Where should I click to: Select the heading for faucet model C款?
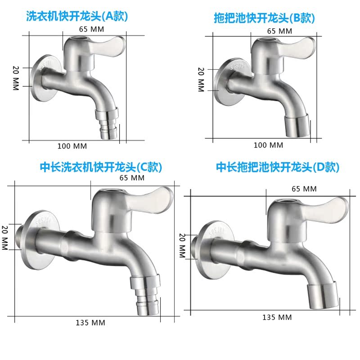[x=101, y=167]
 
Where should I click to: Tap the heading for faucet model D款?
[x=278, y=167]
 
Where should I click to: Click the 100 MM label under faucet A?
[x=72, y=146]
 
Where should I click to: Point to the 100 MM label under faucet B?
[x=269, y=145]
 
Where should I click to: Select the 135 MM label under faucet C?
[x=90, y=322]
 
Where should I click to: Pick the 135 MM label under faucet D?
[x=277, y=317]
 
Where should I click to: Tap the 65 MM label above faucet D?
[x=304, y=189]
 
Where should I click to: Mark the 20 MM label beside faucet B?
[x=201, y=79]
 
